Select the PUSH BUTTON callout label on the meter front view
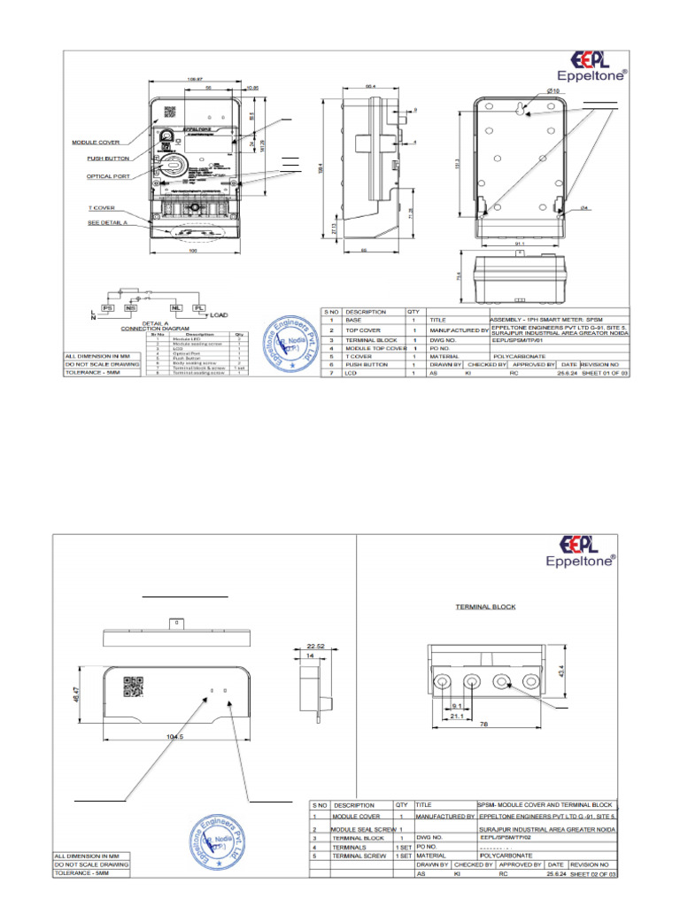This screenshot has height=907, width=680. pos(108,159)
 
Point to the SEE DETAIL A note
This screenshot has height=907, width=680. pos(108,223)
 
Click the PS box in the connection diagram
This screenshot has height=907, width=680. pos(109,306)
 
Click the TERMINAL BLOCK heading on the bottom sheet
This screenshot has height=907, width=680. pos(485,607)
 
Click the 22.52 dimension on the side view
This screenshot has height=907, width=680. pos(315,646)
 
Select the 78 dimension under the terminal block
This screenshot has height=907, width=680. pos(484,724)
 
